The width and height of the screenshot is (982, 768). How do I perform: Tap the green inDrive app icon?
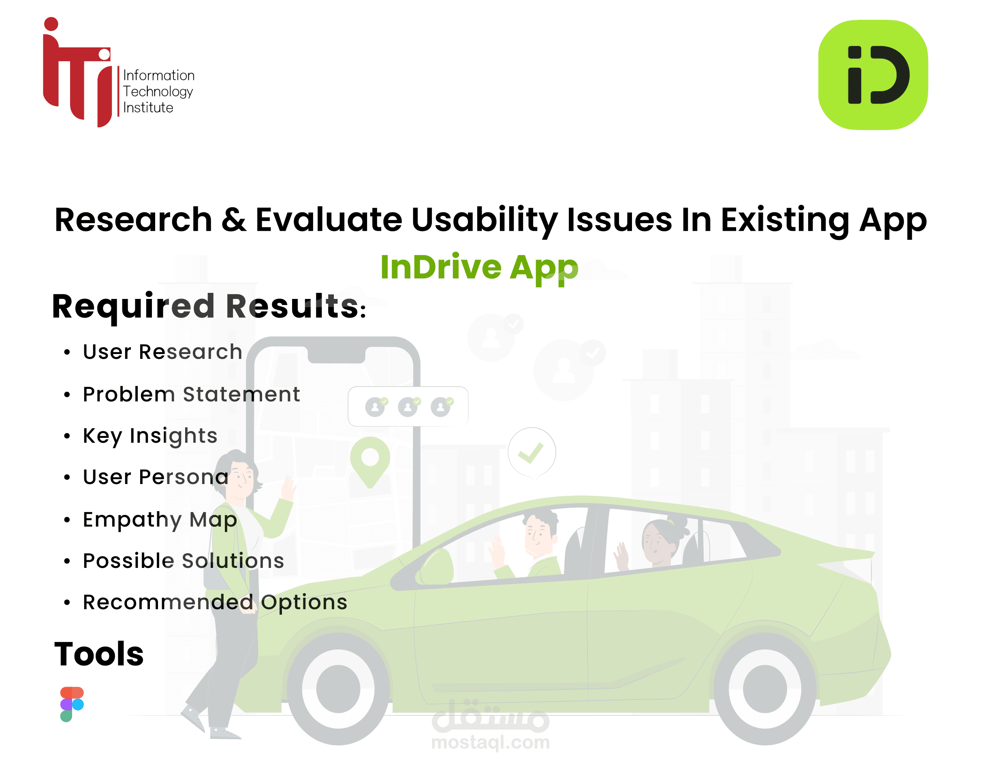(x=872, y=75)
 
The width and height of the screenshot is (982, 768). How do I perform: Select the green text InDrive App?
(x=479, y=267)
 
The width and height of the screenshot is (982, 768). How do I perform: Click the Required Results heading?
(x=209, y=307)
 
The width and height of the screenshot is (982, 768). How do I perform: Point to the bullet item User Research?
(x=162, y=352)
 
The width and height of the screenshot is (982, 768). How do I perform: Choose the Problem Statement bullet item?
(x=191, y=395)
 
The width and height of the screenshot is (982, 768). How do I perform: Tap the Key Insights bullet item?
(x=150, y=436)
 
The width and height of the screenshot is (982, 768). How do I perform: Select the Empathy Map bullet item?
(x=160, y=520)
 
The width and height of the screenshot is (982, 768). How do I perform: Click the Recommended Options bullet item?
(x=215, y=602)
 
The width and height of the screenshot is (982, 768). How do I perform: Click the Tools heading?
(x=99, y=654)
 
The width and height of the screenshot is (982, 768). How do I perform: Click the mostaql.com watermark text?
(x=490, y=742)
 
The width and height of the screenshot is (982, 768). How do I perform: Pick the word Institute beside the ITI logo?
(x=148, y=108)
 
